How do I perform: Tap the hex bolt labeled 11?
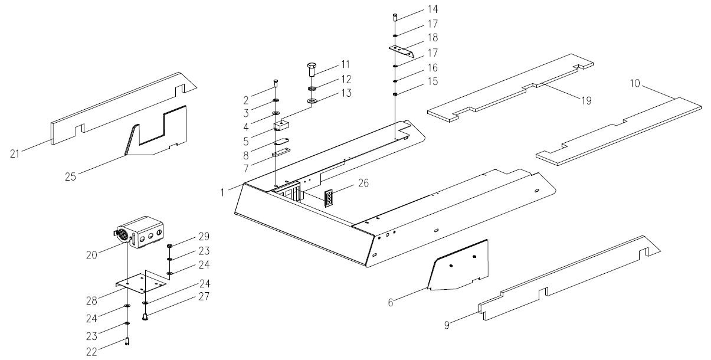pos(313,69)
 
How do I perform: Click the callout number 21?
pos(17,154)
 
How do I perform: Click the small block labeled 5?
pos(283,125)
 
